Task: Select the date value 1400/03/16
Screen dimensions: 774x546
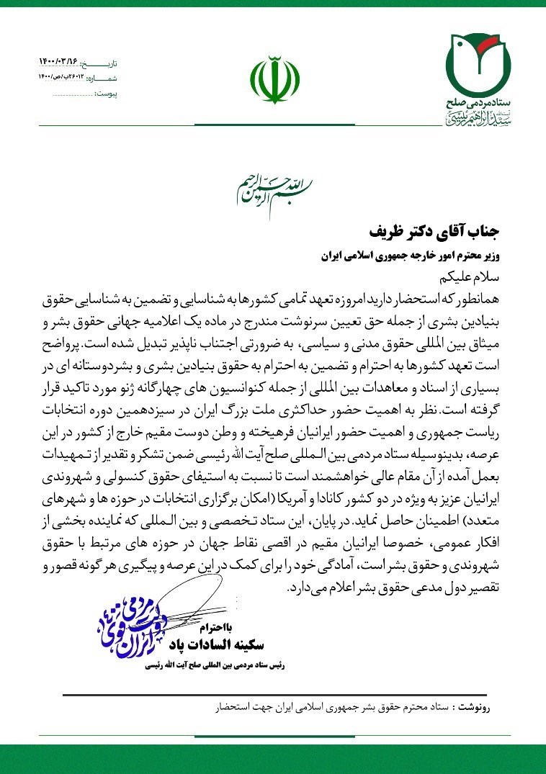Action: coord(61,63)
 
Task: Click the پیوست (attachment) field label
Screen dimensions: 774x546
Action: coord(106,94)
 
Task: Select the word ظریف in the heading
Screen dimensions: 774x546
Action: coord(389,233)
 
